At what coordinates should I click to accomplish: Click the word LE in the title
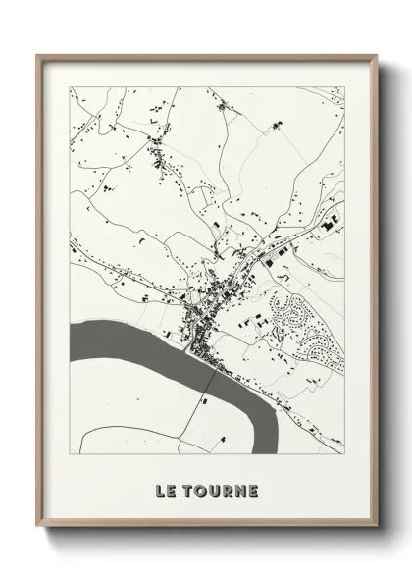tap(166, 490)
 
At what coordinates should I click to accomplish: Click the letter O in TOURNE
tap(204, 490)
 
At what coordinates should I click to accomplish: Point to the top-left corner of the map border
tap(71, 87)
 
